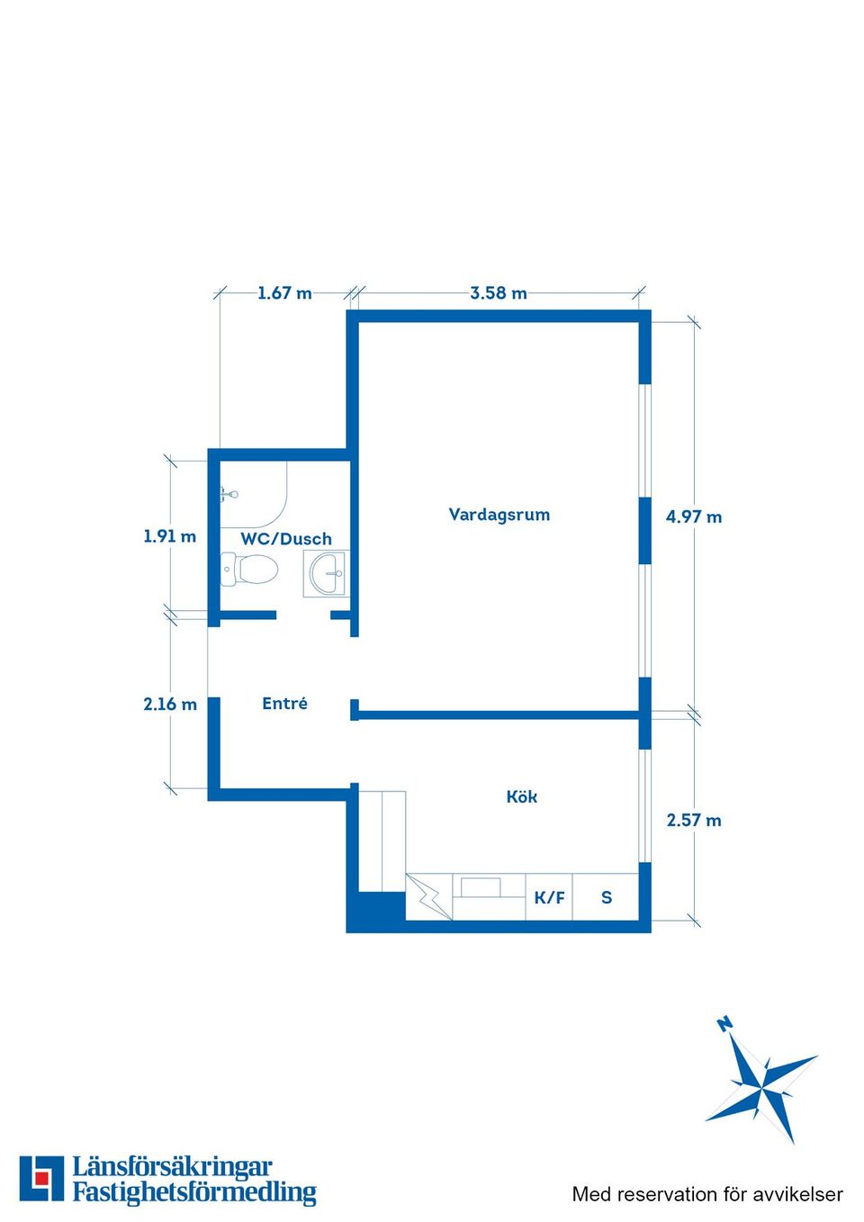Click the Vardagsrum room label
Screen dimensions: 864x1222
point(499,515)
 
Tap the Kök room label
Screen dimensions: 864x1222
point(522,796)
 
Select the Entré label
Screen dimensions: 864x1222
point(284,703)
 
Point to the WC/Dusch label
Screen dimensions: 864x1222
point(286,539)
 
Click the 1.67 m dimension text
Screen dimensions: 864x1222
point(284,293)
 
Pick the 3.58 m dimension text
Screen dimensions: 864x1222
point(499,293)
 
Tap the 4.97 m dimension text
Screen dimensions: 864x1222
point(694,517)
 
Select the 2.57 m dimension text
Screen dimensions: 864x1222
point(694,820)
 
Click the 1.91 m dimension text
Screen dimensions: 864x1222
point(169,536)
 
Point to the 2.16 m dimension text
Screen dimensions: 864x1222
point(170,705)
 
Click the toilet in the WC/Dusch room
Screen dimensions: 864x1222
point(249,569)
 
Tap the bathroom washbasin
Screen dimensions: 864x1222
point(326,573)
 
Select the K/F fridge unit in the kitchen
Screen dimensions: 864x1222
point(549,897)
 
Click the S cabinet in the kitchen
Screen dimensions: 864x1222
point(606,897)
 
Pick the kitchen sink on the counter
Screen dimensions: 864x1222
point(481,887)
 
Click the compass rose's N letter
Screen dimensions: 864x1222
point(724,1024)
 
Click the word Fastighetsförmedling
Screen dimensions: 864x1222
point(194,1192)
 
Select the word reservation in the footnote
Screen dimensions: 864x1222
point(666,1194)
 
